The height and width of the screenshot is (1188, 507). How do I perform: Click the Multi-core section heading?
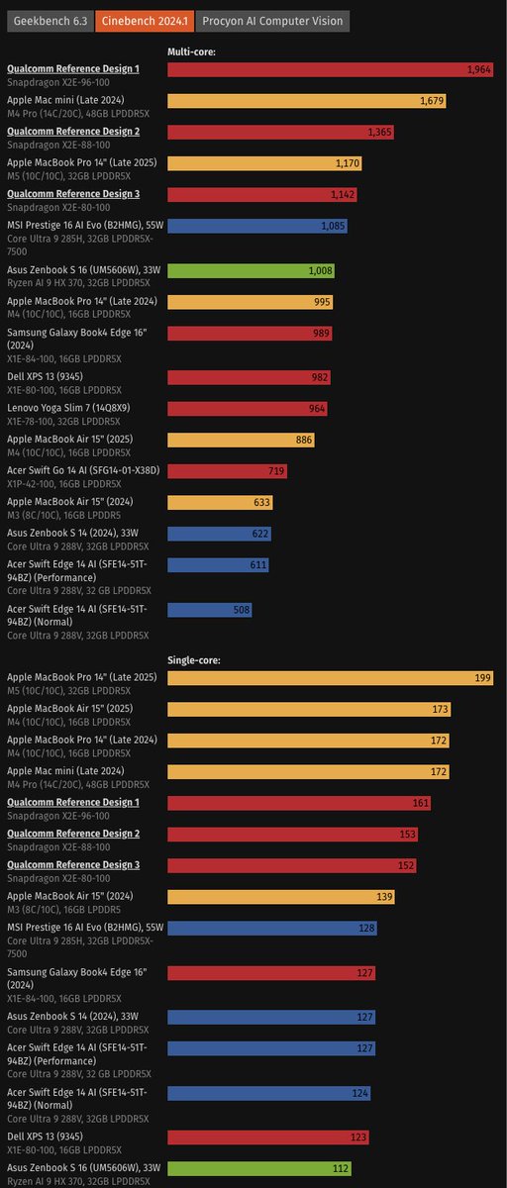coord(192,51)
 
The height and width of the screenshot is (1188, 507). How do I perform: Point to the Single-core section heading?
coord(194,659)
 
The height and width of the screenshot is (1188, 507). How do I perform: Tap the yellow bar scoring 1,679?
coord(307,101)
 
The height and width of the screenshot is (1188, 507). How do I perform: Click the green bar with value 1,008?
coord(252,243)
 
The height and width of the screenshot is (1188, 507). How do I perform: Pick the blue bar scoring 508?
coord(210,610)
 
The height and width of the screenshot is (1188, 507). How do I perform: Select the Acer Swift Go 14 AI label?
coord(83,469)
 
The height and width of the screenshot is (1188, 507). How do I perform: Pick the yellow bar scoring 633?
coord(220,502)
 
